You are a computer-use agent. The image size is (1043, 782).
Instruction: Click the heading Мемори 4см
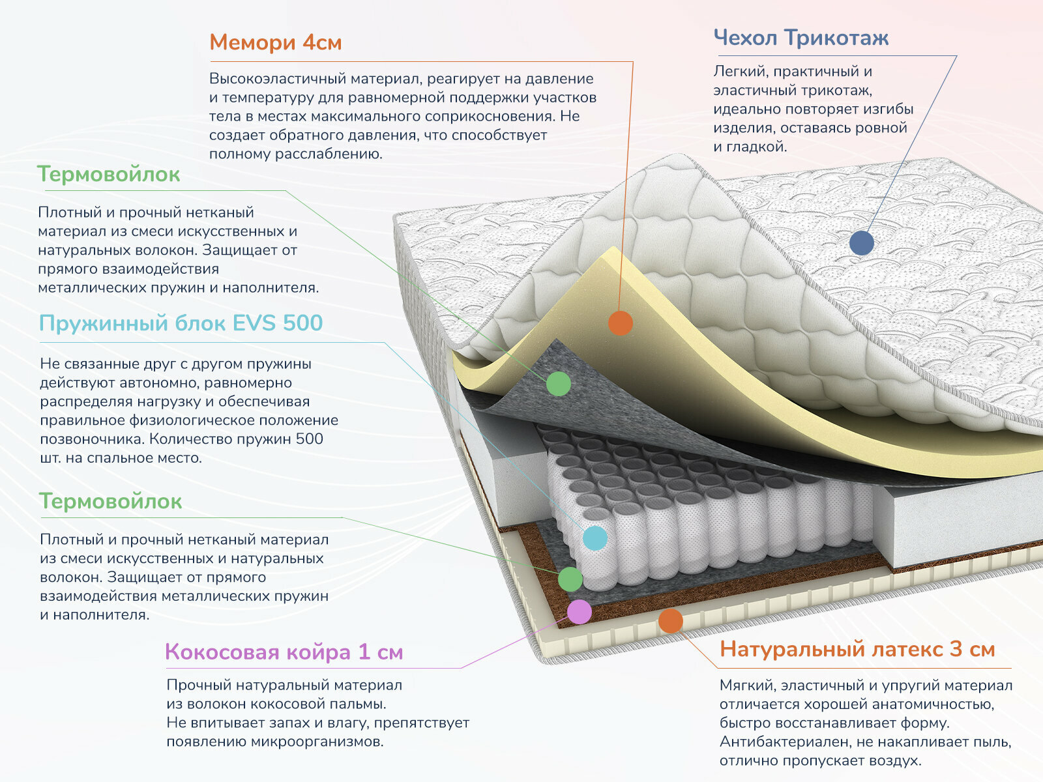(275, 42)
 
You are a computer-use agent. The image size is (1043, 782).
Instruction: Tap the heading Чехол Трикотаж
(801, 38)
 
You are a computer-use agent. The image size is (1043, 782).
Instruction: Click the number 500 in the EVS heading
(302, 323)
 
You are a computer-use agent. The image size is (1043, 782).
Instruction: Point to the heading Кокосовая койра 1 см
(284, 652)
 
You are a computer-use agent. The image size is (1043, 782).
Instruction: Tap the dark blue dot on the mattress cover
(861, 243)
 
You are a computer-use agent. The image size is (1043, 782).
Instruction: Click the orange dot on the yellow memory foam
(620, 323)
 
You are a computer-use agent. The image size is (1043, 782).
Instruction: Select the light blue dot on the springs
(595, 538)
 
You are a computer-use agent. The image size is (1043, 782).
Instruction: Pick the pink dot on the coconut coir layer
(579, 612)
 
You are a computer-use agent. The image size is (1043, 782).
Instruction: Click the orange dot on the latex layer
(670, 621)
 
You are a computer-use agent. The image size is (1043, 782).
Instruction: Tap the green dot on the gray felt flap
(558, 384)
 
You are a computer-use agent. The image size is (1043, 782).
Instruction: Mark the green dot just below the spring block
(570, 579)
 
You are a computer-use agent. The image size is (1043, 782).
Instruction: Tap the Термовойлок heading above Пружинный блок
(108, 175)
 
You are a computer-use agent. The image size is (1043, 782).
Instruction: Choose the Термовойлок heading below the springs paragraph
(110, 501)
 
